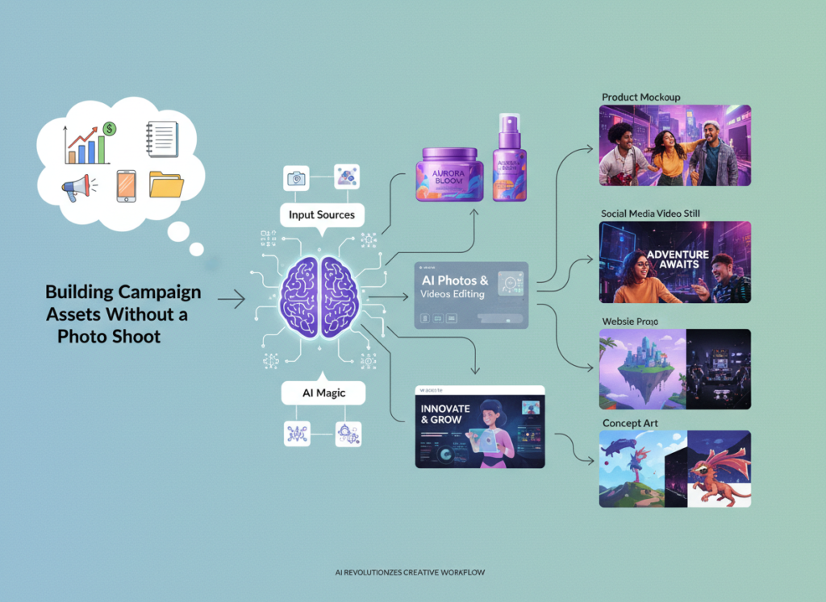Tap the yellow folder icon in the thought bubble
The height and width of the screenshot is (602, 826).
pyautogui.click(x=166, y=185)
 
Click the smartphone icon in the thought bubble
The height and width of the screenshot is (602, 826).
pyautogui.click(x=127, y=185)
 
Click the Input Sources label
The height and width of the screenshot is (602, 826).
pyautogui.click(x=322, y=216)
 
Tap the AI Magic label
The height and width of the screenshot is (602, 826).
pyautogui.click(x=323, y=393)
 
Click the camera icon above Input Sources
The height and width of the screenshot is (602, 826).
pyautogui.click(x=297, y=177)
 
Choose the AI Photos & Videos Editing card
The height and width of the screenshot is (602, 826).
pyautogui.click(x=471, y=294)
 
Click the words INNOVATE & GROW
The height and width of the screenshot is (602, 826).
pyautogui.click(x=445, y=414)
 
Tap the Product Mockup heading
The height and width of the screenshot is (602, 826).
pyautogui.click(x=641, y=98)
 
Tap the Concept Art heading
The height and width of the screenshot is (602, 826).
pyautogui.click(x=629, y=423)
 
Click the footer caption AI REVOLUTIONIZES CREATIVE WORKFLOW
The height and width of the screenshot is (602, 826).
pyautogui.click(x=410, y=573)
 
